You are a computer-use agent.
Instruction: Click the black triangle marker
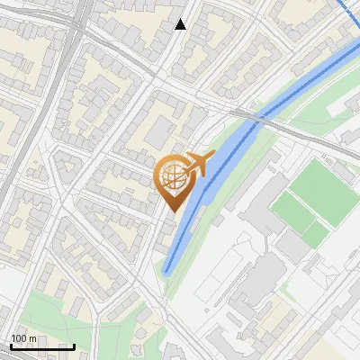(x=181, y=25)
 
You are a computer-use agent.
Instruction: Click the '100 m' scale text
(x=23, y=338)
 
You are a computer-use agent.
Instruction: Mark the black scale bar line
(x=42, y=346)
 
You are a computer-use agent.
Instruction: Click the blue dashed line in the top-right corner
(x=352, y=11)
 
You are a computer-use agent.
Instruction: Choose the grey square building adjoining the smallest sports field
(x=292, y=243)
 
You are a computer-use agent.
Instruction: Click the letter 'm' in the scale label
(x=33, y=338)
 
